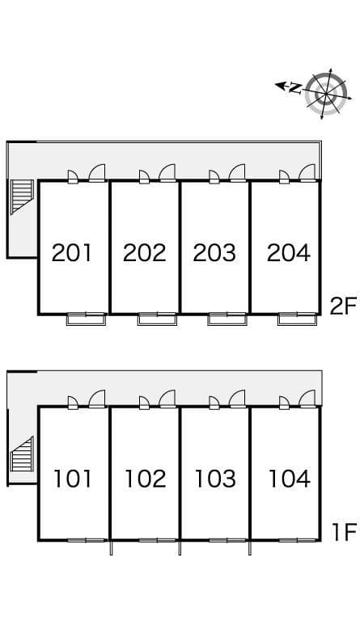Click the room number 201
tap(72, 252)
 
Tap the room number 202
tap(144, 252)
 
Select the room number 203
tap(214, 252)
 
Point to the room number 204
tap(288, 252)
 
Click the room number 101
tap(72, 479)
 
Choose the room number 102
tap(144, 479)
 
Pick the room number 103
tap(214, 479)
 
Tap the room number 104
tap(288, 479)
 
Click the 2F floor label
tap(343, 305)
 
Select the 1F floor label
tap(343, 531)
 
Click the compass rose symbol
tap(326, 94)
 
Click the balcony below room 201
tap(86, 319)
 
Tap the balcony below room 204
tap(297, 319)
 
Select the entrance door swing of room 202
tap(167, 172)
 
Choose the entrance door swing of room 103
tap(238, 399)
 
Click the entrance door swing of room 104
tap(307, 399)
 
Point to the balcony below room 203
tap(227, 319)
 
